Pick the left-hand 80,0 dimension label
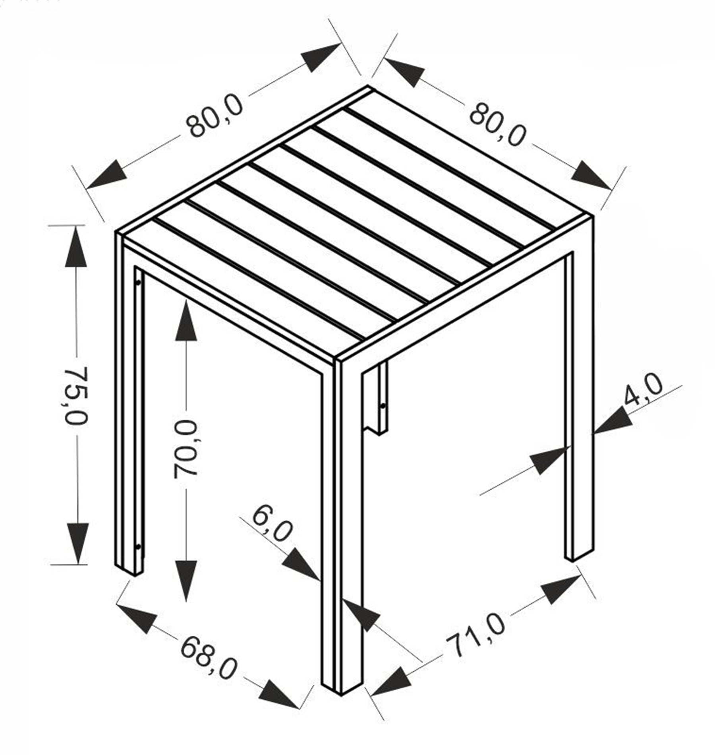(215, 115)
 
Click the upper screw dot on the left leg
(138, 283)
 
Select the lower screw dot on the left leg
(138, 547)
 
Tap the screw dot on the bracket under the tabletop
(383, 406)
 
